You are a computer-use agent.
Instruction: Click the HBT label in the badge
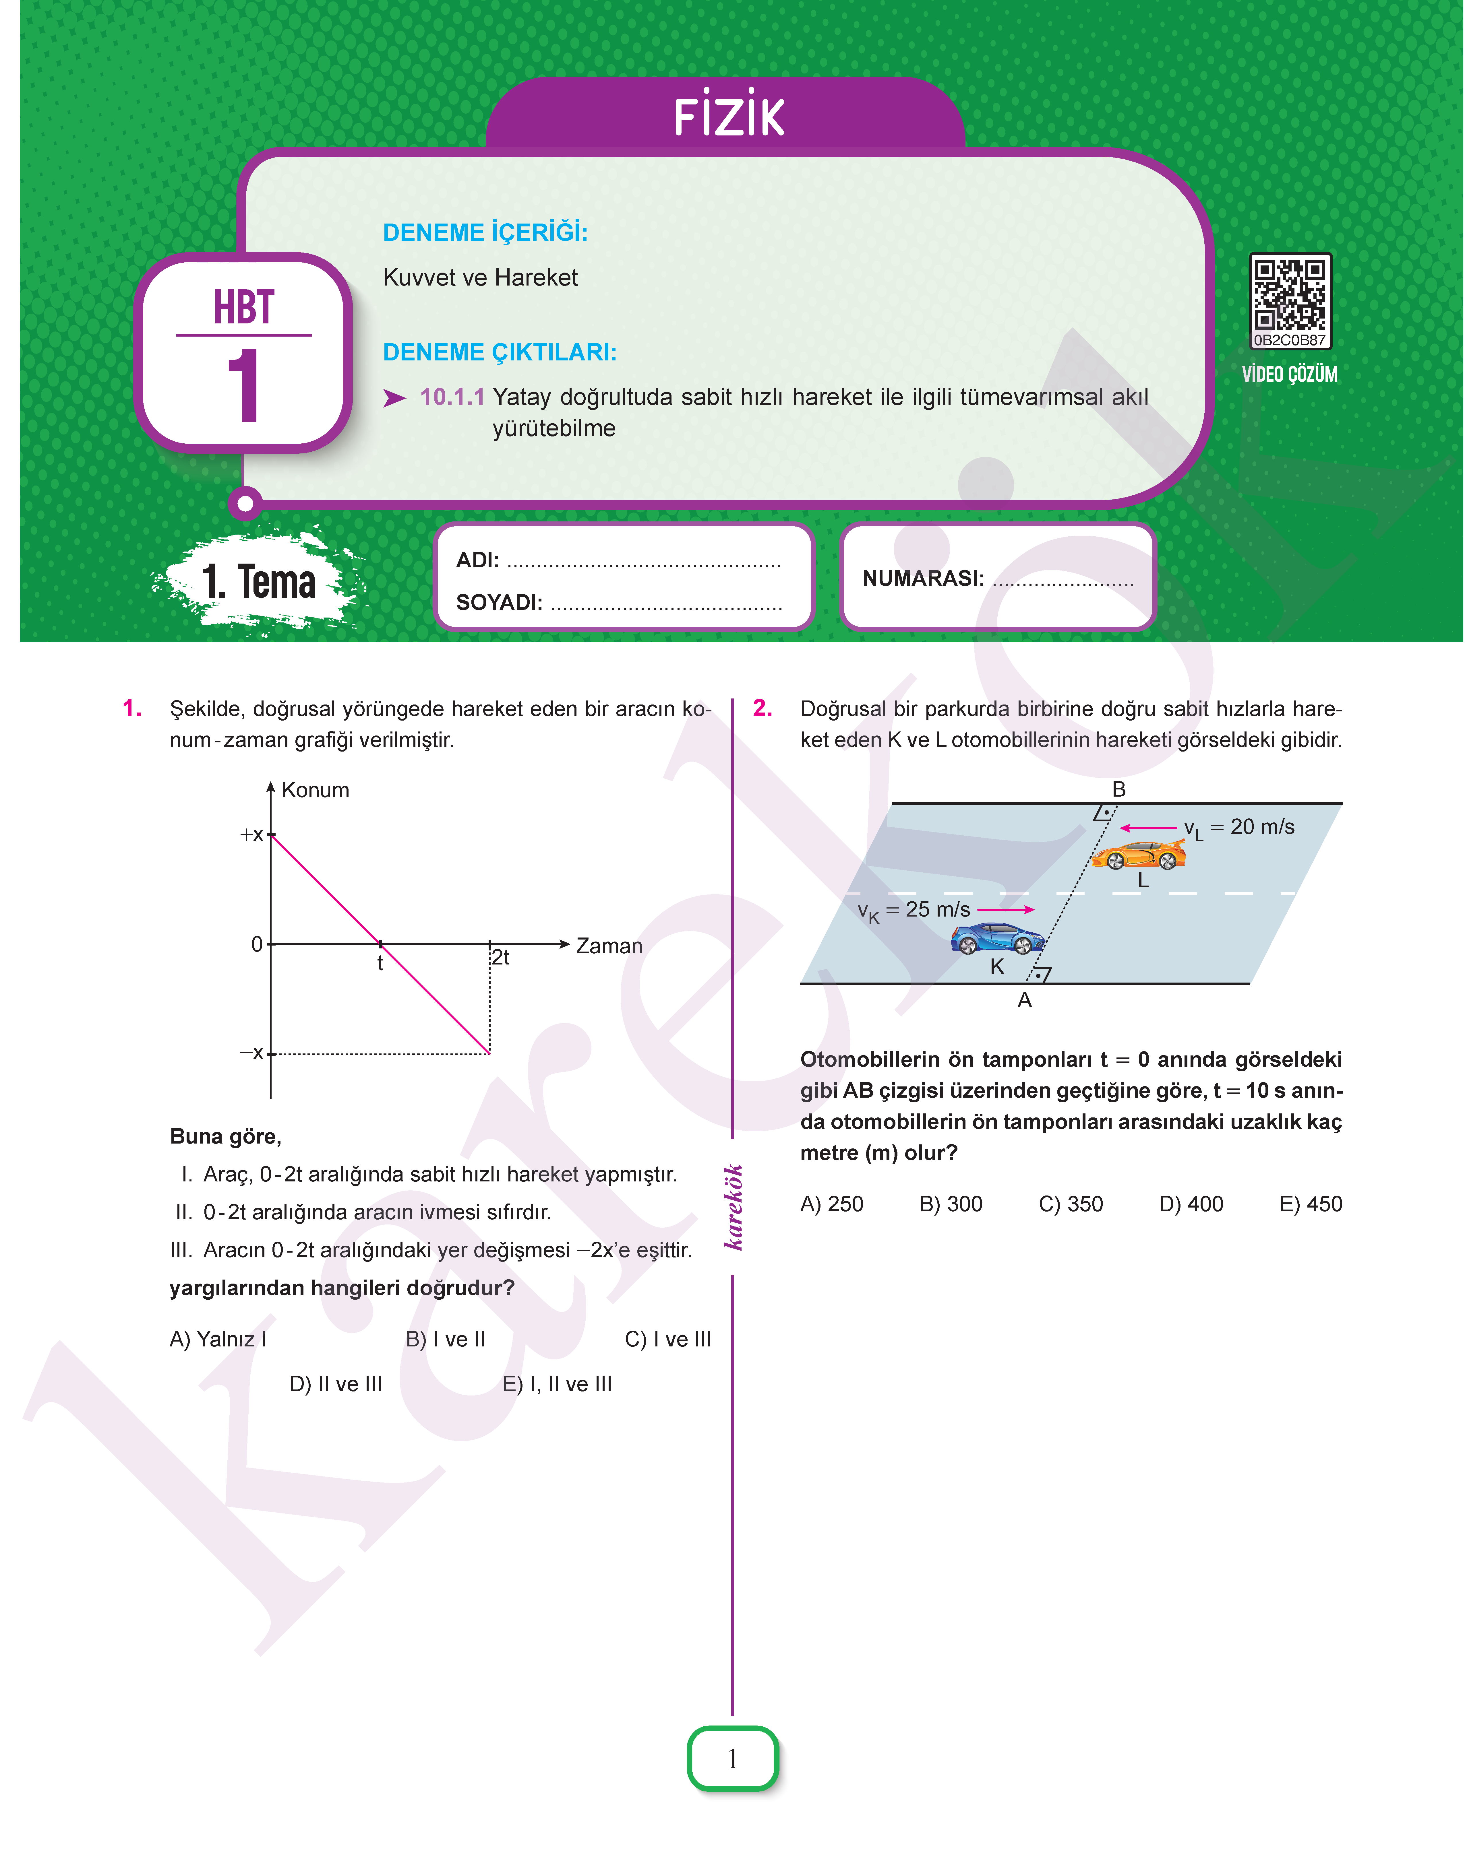244,307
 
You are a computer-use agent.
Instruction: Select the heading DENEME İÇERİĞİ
485,232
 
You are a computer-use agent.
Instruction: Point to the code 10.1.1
452,397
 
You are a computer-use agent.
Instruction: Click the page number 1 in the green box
733,1759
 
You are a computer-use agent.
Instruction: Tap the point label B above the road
1118,789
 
